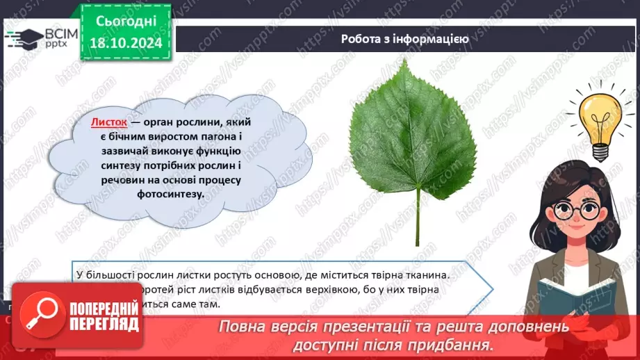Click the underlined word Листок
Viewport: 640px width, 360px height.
click(x=109, y=122)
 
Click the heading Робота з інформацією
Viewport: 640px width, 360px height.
click(x=404, y=39)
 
